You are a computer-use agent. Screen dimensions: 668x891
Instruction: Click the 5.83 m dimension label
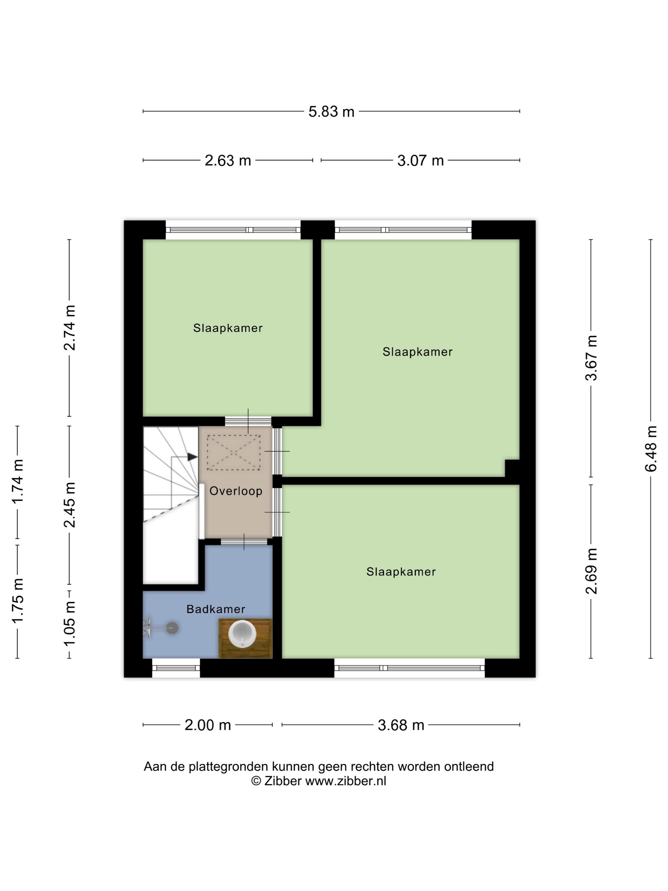(x=331, y=112)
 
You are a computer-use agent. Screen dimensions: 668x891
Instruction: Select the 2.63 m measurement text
(x=227, y=160)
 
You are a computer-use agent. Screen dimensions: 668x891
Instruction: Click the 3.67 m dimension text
(x=591, y=358)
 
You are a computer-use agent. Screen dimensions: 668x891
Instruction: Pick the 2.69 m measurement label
(x=591, y=571)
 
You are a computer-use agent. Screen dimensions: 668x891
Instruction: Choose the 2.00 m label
(x=207, y=725)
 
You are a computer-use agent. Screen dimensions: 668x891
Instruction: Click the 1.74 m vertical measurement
(x=17, y=482)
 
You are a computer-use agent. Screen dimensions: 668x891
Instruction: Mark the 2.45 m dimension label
(x=69, y=505)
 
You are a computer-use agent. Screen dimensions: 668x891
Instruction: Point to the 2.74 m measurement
(x=69, y=327)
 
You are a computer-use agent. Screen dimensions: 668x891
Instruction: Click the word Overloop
(x=236, y=491)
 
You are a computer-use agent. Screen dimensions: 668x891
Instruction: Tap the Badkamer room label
(x=216, y=609)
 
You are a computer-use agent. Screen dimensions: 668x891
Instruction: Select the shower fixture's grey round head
(x=172, y=628)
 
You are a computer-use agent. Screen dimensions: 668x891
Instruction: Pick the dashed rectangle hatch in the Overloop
(x=233, y=453)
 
